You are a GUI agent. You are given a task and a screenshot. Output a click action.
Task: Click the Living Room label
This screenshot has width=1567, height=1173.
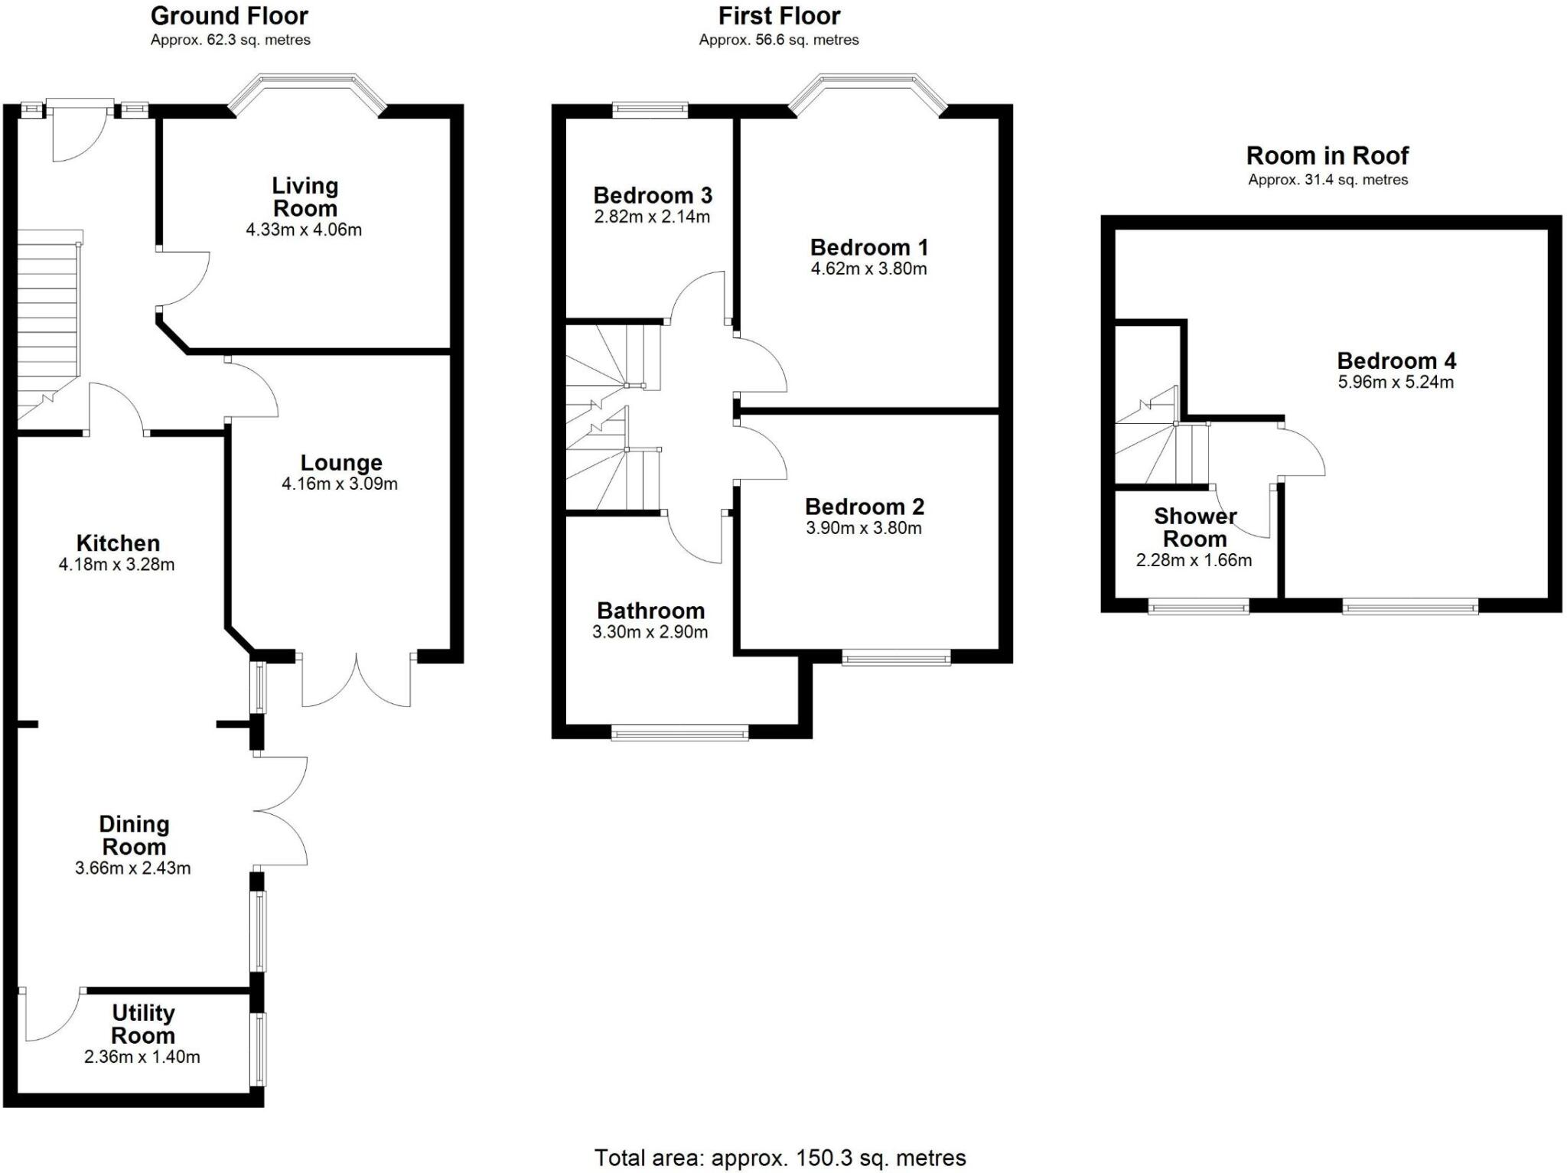pyautogui.click(x=305, y=197)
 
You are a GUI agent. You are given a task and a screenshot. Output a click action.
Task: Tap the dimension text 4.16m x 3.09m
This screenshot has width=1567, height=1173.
pyautogui.click(x=340, y=484)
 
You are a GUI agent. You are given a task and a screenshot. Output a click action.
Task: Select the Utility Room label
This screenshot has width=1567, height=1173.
pyautogui.click(x=143, y=1024)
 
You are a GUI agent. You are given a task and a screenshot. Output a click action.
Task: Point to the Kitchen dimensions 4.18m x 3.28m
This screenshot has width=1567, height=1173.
pyautogui.click(x=117, y=565)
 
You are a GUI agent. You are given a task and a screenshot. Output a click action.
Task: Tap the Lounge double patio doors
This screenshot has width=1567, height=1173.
pyautogui.click(x=357, y=681)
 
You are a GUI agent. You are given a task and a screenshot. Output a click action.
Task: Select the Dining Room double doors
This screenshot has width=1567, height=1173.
pyautogui.click(x=281, y=811)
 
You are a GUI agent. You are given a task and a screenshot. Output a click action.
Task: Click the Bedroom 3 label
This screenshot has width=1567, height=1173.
pyautogui.click(x=653, y=196)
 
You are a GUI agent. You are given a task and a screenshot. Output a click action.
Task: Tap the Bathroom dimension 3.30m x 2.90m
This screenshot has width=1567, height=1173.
pyautogui.click(x=650, y=632)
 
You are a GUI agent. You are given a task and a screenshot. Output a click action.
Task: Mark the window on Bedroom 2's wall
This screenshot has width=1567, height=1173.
pyautogui.click(x=897, y=657)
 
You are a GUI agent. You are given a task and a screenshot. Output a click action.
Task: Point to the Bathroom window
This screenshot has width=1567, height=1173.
pyautogui.click(x=679, y=733)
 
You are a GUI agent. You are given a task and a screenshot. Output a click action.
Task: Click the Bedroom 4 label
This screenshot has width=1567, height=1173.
pyautogui.click(x=1396, y=360)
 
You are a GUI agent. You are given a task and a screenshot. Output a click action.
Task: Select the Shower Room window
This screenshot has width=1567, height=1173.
pyautogui.click(x=1198, y=608)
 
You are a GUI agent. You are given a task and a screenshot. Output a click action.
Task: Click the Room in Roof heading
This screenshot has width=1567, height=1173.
pyautogui.click(x=1327, y=156)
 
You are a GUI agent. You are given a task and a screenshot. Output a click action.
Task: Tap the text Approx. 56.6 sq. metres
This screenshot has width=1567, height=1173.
pyautogui.click(x=778, y=40)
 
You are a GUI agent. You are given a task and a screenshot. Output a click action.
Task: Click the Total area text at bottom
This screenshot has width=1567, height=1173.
pyautogui.click(x=780, y=1158)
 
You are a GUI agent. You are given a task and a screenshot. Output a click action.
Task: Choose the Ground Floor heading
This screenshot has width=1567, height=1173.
pyautogui.click(x=229, y=15)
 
